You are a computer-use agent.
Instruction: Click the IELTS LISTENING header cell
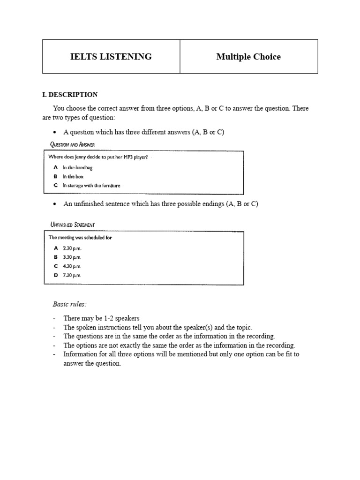coord(111,57)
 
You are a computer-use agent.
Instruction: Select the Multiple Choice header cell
coord(248,57)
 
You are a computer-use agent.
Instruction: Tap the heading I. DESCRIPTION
coord(70,95)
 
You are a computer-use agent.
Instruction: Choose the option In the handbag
coord(78,167)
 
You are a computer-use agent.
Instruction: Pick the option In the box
coord(73,177)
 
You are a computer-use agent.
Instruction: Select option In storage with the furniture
coord(91,186)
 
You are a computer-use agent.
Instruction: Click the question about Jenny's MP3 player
coord(98,157)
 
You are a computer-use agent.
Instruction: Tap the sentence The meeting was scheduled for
coord(80,238)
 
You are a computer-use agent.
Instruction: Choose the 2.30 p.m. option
coord(72,248)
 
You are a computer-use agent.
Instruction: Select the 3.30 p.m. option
coord(72,257)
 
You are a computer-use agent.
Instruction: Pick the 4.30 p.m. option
coord(72,266)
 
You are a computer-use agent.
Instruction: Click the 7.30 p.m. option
coord(72,275)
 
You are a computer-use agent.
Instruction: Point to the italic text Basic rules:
coord(69,304)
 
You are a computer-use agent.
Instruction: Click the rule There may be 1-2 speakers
coord(101,318)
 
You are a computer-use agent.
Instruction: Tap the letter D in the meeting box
coord(56,275)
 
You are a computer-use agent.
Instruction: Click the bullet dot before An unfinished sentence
coord(55,204)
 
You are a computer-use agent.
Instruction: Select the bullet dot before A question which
coord(55,133)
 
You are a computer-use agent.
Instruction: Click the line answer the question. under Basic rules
coord(92,364)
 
